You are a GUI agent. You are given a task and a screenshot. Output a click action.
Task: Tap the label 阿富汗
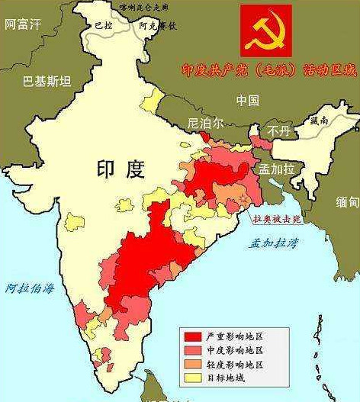coord(22,24)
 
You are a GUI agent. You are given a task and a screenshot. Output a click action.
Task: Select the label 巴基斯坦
coord(47,81)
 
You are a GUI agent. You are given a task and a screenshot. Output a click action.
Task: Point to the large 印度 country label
coord(120,169)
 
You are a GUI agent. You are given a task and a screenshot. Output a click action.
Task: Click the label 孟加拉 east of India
coord(276,169)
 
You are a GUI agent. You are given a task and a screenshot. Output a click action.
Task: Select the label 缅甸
coord(347,202)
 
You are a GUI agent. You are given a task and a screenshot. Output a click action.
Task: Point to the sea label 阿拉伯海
coord(30,288)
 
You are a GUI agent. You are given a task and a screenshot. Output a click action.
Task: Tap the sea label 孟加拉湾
coord(272,243)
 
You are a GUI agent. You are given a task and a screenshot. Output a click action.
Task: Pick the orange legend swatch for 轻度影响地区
coord(194,363)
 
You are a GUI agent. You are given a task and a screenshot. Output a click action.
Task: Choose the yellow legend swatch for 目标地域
coord(194,377)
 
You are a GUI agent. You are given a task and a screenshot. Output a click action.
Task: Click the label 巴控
coord(102,25)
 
